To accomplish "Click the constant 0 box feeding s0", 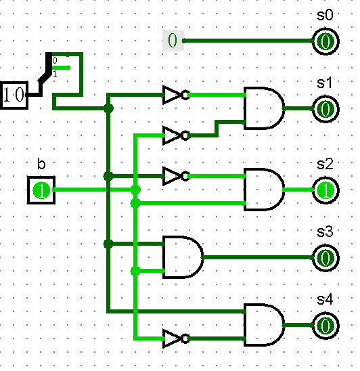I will click(x=173, y=41).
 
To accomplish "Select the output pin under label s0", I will click(x=325, y=41).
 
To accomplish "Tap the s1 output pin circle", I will click(x=325, y=108).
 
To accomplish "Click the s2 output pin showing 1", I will click(x=325, y=190).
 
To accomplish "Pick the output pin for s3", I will click(x=325, y=258).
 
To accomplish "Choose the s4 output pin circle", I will click(x=325, y=326).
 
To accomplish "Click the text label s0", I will click(x=325, y=16).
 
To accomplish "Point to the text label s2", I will click(x=325, y=165).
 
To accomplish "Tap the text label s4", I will click(x=325, y=299).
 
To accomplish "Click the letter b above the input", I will click(x=41, y=165).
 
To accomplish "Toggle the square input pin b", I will click(x=41, y=190).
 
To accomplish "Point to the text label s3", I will click(x=325, y=232).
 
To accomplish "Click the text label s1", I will click(x=325, y=83).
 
